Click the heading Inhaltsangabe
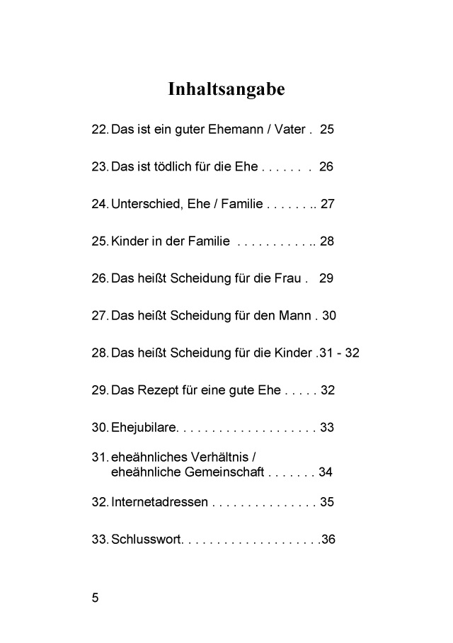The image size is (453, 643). pyautogui.click(x=226, y=90)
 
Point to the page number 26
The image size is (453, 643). pyautogui.click(x=326, y=167)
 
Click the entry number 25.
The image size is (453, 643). pyautogui.click(x=100, y=241)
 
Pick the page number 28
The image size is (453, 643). pyautogui.click(x=327, y=241)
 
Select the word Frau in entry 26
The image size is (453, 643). pyautogui.click(x=289, y=278)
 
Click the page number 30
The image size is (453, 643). pyautogui.click(x=329, y=316)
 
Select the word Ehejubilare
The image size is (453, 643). pyautogui.click(x=143, y=428)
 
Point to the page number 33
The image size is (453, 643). pyautogui.click(x=327, y=428)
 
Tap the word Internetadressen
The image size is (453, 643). pyautogui.click(x=160, y=502)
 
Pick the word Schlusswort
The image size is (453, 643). pyautogui.click(x=146, y=540)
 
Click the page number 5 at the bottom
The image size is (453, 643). pyautogui.click(x=96, y=598)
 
